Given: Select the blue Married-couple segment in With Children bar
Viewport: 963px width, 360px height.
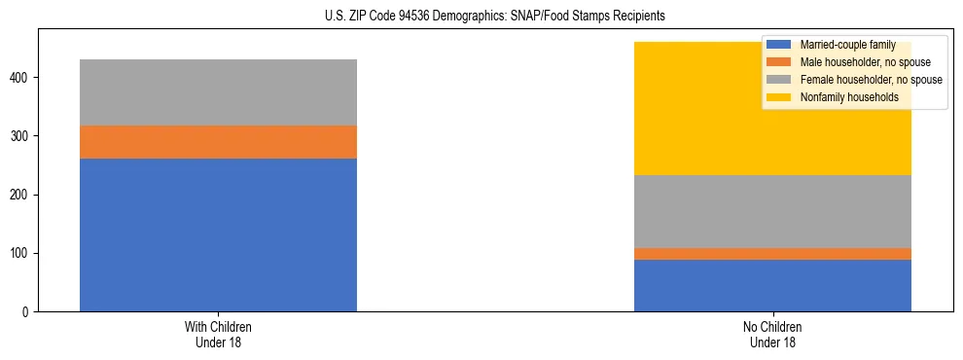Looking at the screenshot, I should [x=218, y=234].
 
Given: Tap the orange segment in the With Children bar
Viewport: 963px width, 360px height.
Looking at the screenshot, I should [x=218, y=142].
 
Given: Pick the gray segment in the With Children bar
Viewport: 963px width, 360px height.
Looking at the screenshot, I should [x=218, y=92].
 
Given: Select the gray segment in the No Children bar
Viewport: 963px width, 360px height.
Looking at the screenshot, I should [x=772, y=211].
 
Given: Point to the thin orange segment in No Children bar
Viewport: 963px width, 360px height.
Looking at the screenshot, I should [x=772, y=254].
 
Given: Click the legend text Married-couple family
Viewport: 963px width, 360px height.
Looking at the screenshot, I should [x=847, y=45].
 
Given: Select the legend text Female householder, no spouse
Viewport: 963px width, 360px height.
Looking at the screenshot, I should [x=871, y=80].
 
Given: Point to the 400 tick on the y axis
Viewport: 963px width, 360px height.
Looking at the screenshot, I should [x=23, y=78].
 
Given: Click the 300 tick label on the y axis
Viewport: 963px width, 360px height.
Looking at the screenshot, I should [x=23, y=136].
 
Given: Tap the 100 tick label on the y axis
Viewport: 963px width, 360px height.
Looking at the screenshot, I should [x=23, y=253].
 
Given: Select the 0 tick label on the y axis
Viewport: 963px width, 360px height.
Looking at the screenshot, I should [x=29, y=312].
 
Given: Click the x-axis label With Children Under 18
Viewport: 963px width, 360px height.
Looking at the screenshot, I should [x=218, y=334].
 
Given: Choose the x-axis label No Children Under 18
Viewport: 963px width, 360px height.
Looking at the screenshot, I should [x=772, y=334].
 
